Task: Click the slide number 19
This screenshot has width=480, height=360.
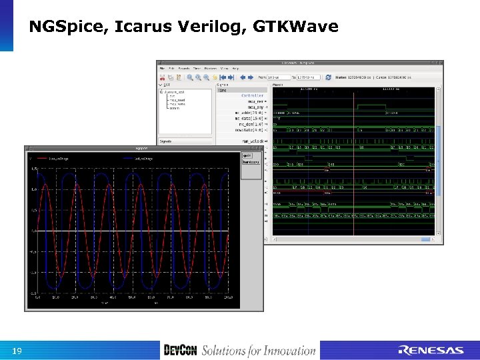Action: (x=17, y=351)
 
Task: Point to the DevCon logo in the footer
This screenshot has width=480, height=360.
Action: (x=180, y=351)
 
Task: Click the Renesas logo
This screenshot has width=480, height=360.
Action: (x=431, y=351)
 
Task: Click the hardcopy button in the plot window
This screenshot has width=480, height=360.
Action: (x=251, y=163)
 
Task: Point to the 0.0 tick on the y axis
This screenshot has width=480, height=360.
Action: (x=33, y=231)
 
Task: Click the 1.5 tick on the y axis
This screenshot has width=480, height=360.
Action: (x=33, y=168)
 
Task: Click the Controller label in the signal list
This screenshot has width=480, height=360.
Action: (x=252, y=96)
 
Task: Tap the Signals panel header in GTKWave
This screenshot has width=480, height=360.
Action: (x=167, y=141)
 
